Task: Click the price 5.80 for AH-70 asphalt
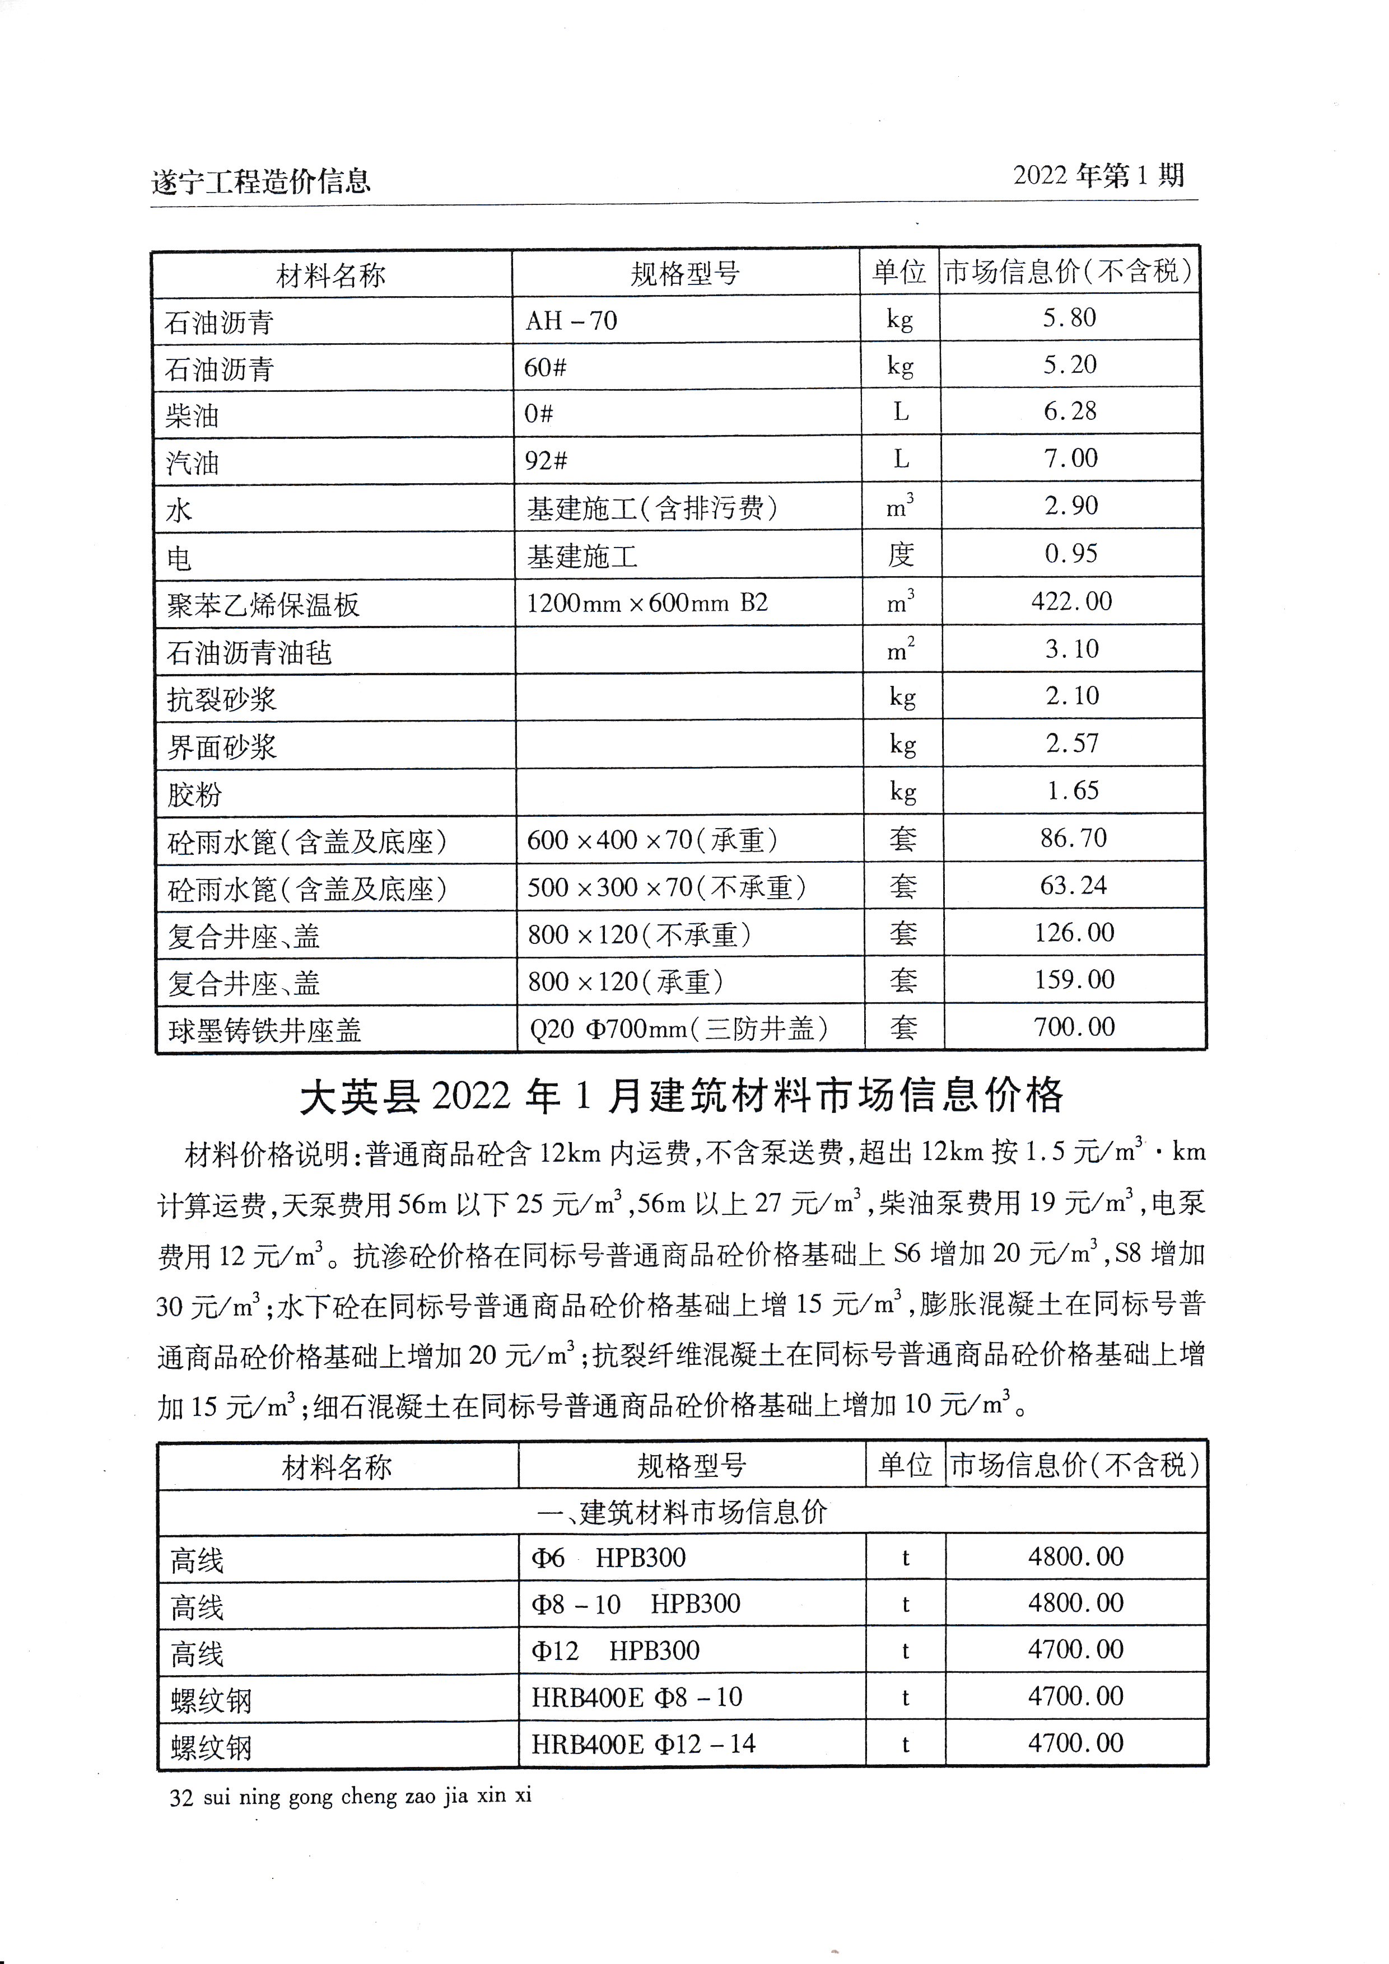point(1069,318)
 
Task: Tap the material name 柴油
point(193,417)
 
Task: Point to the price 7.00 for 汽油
point(1071,459)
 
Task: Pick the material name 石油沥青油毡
point(249,653)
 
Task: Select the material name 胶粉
point(194,794)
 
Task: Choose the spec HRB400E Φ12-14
point(644,1744)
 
